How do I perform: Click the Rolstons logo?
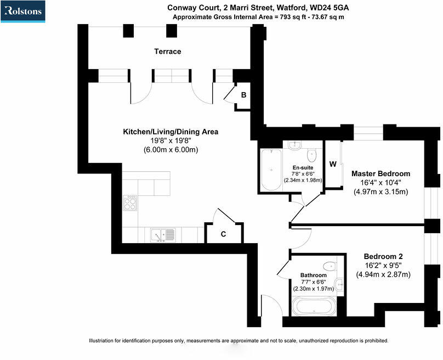[x=23, y=12]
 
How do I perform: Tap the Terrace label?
[x=167, y=52]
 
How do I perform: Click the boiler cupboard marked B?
[x=244, y=94]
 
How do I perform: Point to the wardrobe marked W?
[x=333, y=164]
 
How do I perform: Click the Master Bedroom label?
[x=380, y=173]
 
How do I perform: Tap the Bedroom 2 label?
[x=383, y=256]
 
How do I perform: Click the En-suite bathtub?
[x=270, y=170]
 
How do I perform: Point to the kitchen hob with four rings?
[x=131, y=203]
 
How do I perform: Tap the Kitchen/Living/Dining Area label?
[x=170, y=132]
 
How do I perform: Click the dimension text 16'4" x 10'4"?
[x=380, y=183]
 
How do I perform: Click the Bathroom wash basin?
[x=338, y=284]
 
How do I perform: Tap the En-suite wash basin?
[x=294, y=145]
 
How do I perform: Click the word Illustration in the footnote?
[x=103, y=341]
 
